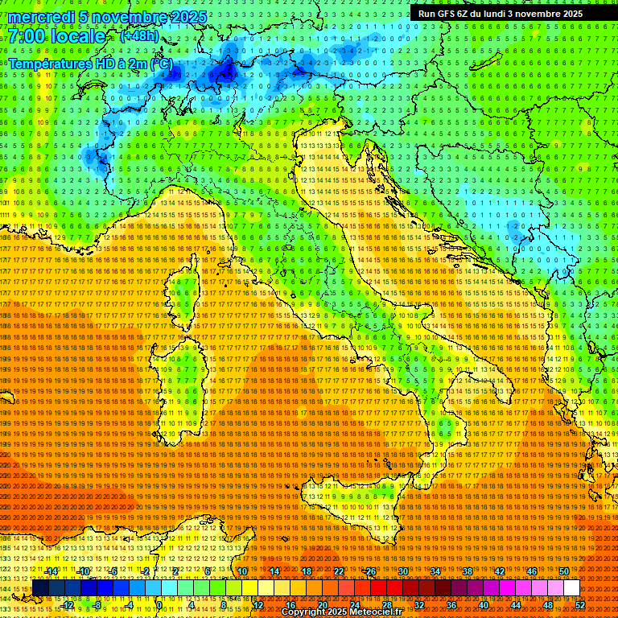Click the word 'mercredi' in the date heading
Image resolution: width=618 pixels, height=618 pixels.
(40, 17)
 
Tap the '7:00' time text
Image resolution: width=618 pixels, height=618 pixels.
(27, 36)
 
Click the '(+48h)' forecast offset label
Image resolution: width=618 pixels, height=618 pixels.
(139, 36)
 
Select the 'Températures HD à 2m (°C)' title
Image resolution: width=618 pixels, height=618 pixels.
(90, 63)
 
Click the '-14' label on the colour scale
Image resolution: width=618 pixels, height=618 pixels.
(51, 571)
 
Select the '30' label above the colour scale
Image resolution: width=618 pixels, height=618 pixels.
(403, 571)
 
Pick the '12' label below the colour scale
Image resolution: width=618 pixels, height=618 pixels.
(258, 604)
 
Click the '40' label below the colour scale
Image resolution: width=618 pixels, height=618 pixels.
(484, 604)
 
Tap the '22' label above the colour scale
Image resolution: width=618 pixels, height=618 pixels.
(339, 571)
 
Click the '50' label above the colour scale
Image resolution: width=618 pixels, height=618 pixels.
(564, 571)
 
